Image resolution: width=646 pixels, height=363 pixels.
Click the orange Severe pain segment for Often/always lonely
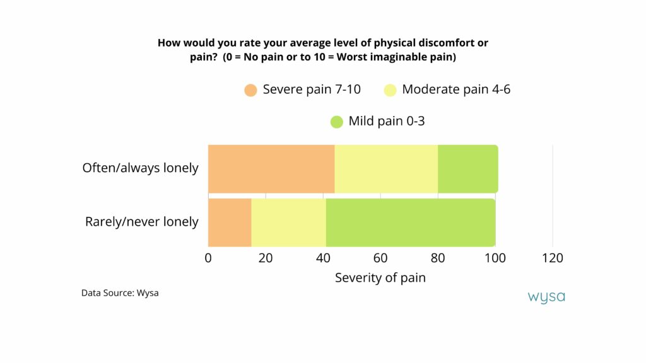271,168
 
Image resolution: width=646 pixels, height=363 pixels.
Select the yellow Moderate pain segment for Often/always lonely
386,168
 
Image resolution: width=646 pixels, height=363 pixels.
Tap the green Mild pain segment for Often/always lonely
467,168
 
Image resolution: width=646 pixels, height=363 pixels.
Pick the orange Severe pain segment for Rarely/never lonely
230,222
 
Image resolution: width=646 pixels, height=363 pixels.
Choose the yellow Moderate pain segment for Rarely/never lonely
288,222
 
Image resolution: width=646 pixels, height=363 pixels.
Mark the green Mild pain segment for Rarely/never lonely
410,222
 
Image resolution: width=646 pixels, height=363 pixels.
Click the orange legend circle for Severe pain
251,90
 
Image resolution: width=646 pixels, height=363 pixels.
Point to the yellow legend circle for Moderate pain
391,90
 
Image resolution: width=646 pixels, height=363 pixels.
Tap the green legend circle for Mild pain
337,122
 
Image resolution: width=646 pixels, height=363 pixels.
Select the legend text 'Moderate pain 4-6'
456,89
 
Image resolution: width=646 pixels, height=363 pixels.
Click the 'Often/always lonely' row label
140,168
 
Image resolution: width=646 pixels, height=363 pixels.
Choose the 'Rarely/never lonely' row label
141,222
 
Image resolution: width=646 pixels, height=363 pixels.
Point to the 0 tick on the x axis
208,258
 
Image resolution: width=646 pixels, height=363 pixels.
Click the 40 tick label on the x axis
323,258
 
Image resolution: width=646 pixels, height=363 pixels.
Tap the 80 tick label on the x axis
438,258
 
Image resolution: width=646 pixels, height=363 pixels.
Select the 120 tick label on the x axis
553,258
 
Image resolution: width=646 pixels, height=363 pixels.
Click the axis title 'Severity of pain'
380,278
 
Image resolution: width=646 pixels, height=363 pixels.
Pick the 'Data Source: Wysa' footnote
120,293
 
